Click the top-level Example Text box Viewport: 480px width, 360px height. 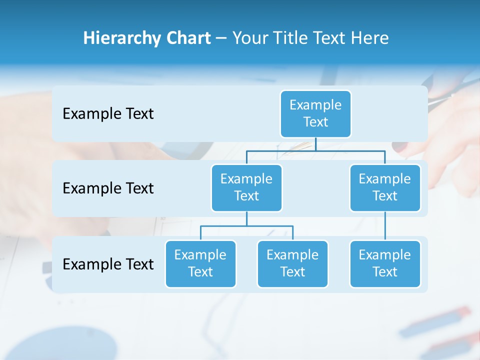(x=315, y=113)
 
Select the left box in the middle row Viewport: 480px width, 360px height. (x=246, y=187)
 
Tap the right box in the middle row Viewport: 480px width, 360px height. (x=385, y=187)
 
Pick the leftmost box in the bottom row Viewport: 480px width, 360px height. (x=200, y=263)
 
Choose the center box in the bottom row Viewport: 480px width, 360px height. (x=292, y=263)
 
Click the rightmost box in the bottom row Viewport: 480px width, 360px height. (x=385, y=263)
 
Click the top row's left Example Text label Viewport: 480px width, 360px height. (x=108, y=113)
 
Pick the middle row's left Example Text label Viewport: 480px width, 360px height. (x=108, y=188)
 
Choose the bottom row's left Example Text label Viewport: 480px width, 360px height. (x=108, y=264)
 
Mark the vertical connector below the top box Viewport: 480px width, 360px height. (x=315, y=144)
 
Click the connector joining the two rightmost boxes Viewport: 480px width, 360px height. (x=385, y=226)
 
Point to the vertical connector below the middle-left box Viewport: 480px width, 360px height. (x=246, y=219)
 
